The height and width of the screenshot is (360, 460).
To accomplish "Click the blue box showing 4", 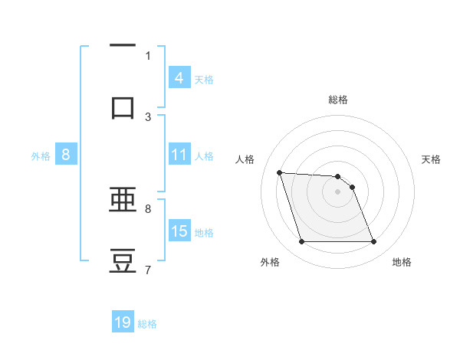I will (x=179, y=77).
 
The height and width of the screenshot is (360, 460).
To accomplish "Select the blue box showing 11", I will (x=179, y=155).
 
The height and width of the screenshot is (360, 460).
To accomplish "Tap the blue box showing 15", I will (x=179, y=231).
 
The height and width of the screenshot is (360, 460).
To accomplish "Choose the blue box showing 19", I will (x=123, y=322).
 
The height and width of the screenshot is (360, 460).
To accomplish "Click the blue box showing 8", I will (x=66, y=155).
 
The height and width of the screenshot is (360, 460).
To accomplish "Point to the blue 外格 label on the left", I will (x=41, y=156).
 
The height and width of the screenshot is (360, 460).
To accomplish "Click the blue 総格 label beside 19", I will (x=147, y=324).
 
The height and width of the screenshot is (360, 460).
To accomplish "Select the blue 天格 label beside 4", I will (x=204, y=79).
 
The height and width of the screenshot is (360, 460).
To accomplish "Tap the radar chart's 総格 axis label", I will (x=338, y=100).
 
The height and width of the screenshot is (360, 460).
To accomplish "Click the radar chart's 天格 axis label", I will (x=432, y=159).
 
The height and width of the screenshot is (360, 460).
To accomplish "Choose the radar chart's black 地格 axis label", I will (x=402, y=262).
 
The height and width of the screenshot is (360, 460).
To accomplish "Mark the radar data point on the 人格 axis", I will (x=280, y=172).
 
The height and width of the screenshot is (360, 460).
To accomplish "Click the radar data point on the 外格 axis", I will (x=301, y=242).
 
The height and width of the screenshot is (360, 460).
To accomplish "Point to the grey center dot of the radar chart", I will (x=338, y=191).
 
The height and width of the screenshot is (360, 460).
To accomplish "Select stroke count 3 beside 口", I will (x=148, y=116).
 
